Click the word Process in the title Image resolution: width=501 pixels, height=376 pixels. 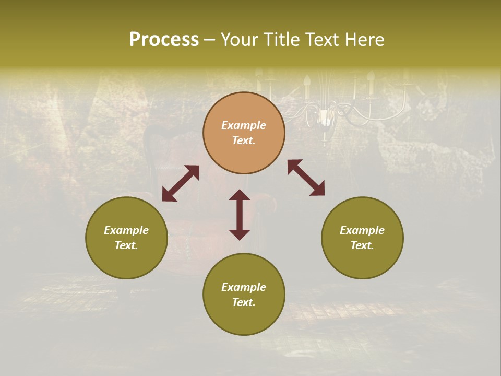164,40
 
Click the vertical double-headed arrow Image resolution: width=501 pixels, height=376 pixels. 240,215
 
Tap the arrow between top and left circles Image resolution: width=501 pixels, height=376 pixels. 181,183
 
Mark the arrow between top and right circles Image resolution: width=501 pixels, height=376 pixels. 306,178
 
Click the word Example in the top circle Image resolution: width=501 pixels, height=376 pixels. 244,125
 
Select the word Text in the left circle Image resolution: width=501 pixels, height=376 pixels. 126,245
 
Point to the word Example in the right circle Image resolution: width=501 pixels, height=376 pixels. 362,230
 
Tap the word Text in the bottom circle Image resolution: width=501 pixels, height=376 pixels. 243,302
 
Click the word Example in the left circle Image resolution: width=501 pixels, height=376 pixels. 126,230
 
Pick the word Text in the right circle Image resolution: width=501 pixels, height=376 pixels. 362,245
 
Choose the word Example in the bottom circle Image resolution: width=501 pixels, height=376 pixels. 244,287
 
